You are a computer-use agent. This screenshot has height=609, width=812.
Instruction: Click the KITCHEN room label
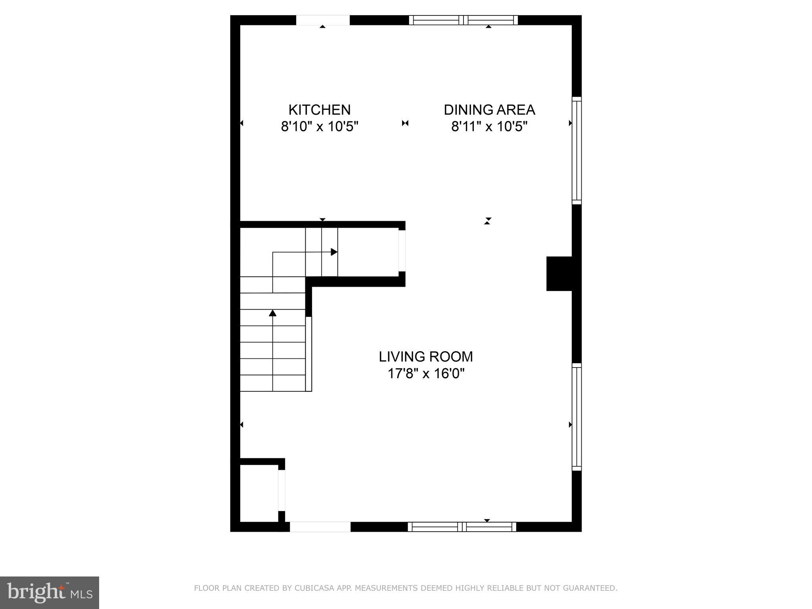coord(319,110)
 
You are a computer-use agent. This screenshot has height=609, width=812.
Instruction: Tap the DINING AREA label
coord(489,110)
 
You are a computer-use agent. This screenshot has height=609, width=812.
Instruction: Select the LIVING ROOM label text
coord(426,357)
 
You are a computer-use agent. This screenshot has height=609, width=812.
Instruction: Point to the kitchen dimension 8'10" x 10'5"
coord(320,127)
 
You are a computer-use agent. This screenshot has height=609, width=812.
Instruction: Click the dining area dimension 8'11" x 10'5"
coord(489,127)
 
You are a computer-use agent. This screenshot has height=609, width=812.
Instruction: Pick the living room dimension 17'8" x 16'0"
coord(426,373)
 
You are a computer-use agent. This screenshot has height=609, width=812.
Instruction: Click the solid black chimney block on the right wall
coord(559,274)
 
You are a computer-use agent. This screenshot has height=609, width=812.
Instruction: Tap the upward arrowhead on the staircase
coord(272,313)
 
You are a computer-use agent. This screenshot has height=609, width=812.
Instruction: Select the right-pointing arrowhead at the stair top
coord(334,252)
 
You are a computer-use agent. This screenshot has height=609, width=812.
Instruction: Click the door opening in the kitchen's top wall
coord(323,20)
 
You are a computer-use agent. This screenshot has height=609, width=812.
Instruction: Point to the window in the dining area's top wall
coord(463,20)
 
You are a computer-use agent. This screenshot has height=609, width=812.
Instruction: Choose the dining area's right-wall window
coord(576,151)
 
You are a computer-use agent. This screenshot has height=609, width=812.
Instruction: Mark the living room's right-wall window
coord(576,417)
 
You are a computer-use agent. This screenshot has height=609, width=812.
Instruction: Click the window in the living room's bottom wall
coord(462,527)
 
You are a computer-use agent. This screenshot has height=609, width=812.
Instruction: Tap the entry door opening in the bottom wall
coord(320,527)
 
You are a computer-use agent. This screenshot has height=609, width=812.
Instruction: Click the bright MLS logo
coord(50,593)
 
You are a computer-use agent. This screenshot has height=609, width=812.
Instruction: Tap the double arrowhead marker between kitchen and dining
coord(405,123)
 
